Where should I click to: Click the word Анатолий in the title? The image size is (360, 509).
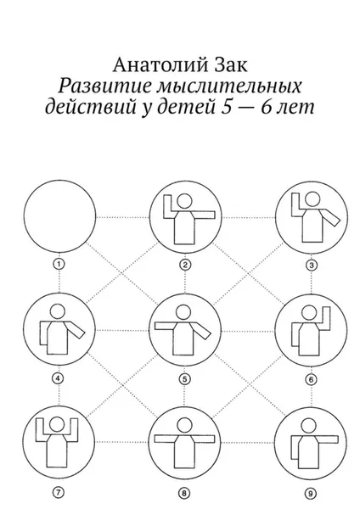[160, 66]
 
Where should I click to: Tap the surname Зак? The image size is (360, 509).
[231, 65]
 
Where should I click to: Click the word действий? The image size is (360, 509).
[90, 107]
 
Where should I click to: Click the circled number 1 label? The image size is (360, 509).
[59, 264]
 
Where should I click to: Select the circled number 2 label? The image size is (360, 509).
[185, 265]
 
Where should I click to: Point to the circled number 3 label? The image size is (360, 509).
[312, 266]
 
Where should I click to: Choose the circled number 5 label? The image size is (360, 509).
[184, 379]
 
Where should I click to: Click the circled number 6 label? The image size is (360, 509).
[311, 379]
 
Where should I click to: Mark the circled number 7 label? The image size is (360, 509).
[59, 492]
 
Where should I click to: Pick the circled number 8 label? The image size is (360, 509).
[184, 494]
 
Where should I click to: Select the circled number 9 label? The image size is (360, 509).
[310, 494]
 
